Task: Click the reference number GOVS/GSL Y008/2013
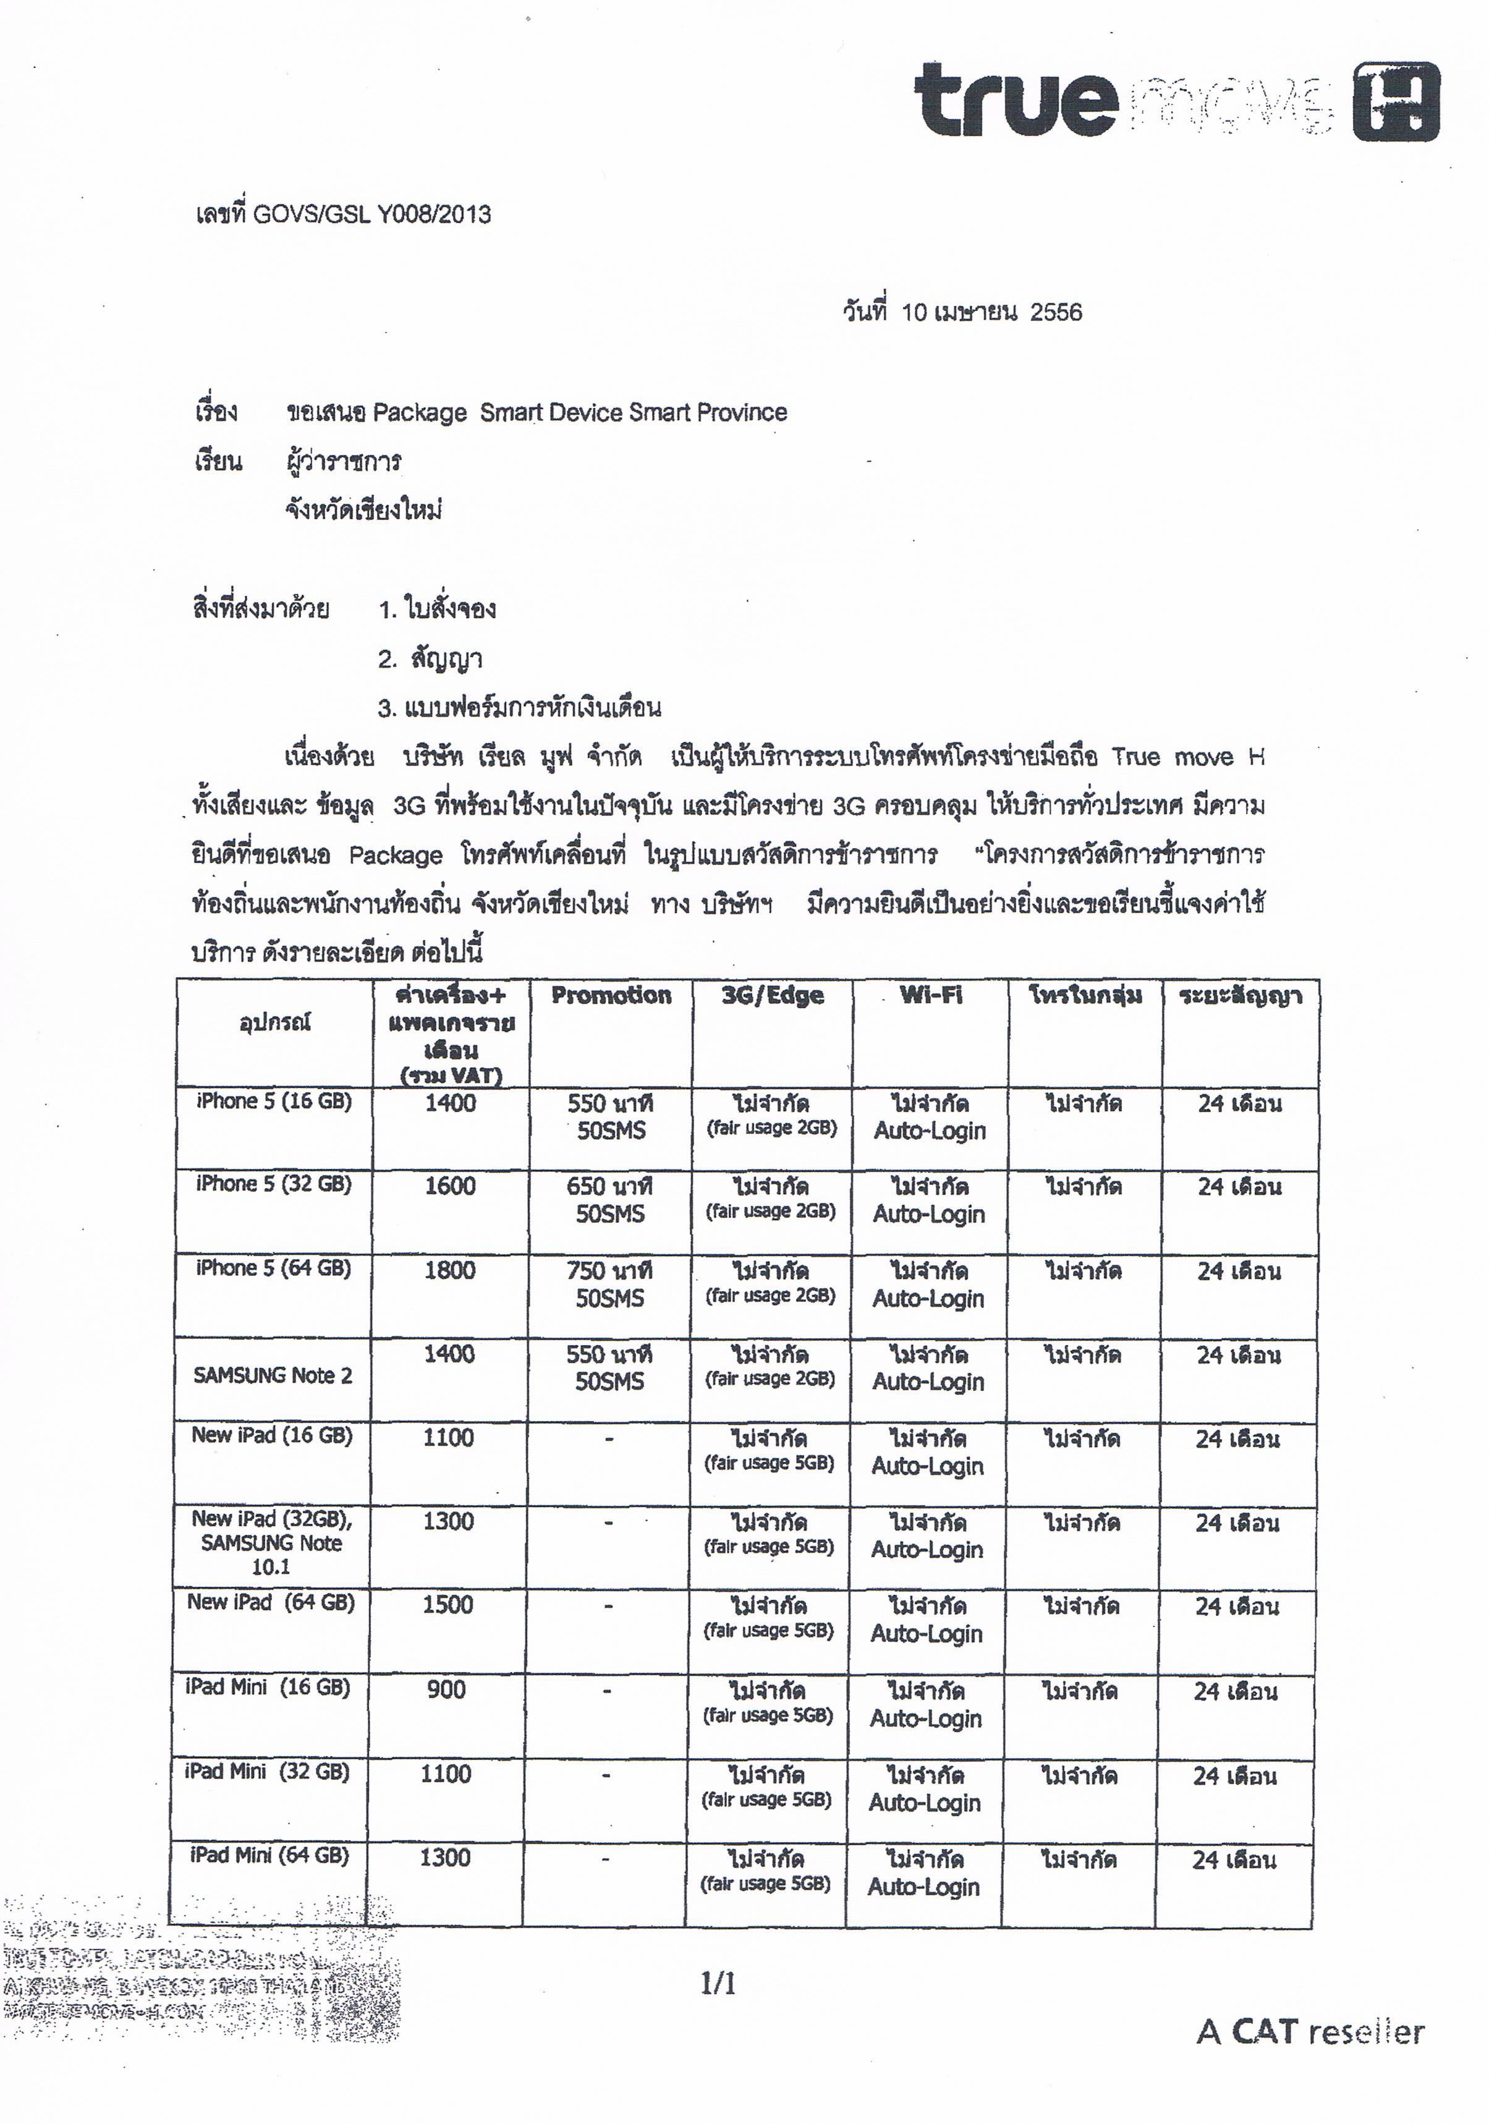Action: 372,215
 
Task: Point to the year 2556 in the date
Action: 1055,313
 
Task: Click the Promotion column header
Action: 611,995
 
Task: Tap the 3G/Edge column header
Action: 772,995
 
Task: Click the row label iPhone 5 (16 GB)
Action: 274,1101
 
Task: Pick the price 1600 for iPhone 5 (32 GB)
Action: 451,1186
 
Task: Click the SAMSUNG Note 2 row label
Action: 273,1375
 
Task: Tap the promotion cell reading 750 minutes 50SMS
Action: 609,1283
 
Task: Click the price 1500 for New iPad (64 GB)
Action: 448,1605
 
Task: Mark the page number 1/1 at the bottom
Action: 718,1984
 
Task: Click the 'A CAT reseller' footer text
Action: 1310,2033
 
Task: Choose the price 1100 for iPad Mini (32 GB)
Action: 446,1774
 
